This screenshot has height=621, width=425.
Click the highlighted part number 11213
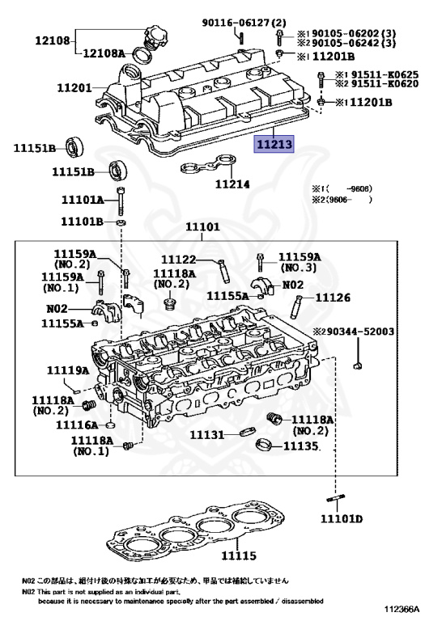click(274, 144)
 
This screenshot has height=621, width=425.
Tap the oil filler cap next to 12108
click(154, 38)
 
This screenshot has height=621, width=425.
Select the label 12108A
click(104, 53)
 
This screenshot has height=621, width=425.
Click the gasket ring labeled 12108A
click(142, 56)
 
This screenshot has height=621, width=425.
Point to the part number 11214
click(232, 184)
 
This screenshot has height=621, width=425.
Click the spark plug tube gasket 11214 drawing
click(208, 165)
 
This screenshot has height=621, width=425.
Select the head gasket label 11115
click(239, 556)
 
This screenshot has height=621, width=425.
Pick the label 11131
click(207, 435)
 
